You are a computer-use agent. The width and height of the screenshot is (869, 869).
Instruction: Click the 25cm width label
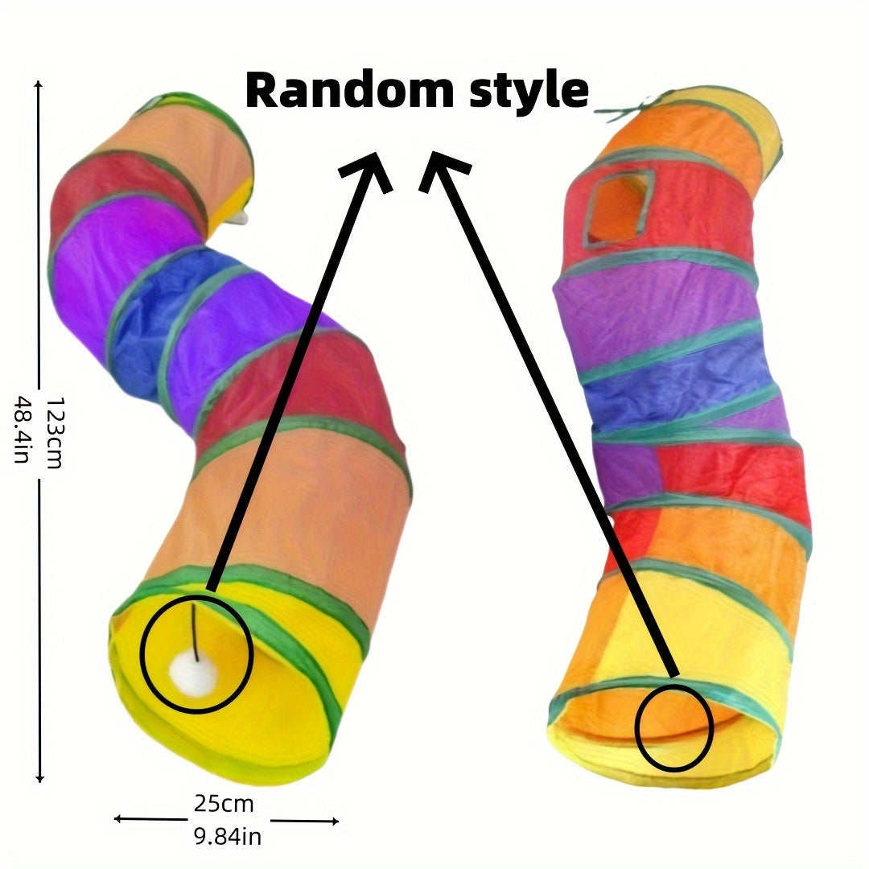223,803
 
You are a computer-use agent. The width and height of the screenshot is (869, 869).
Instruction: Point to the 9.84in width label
227,837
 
